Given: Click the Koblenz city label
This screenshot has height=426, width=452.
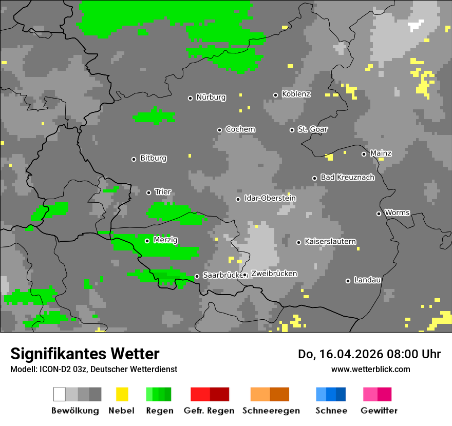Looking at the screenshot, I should pyautogui.click(x=296, y=94).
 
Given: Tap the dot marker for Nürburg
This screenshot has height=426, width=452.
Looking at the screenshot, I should pyautogui.click(x=190, y=98).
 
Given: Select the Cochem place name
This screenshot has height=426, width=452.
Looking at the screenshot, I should pyautogui.click(x=240, y=129).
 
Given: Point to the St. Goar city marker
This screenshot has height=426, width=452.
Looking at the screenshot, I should pyautogui.click(x=292, y=130).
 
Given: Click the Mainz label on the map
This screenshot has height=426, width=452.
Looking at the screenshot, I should pyautogui.click(x=381, y=153).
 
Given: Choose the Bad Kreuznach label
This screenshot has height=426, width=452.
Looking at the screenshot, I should pyautogui.click(x=347, y=178).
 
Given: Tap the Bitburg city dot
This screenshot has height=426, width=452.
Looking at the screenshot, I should pyautogui.click(x=134, y=159).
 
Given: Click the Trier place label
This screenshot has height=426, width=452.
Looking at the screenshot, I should pyautogui.click(x=163, y=192).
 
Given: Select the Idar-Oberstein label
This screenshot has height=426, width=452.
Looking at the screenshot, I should pyautogui.click(x=270, y=199).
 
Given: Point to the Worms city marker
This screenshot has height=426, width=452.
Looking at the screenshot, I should pyautogui.click(x=379, y=214).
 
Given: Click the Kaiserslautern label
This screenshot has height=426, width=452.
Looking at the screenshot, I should pyautogui.click(x=330, y=242).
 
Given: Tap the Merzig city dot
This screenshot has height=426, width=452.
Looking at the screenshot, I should pyautogui.click(x=147, y=241).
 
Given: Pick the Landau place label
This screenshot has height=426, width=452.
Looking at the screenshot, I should pyautogui.click(x=367, y=280).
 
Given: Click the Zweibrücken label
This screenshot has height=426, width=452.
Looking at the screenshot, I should pyautogui.click(x=274, y=274).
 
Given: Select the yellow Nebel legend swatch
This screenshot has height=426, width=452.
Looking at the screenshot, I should pyautogui.click(x=122, y=394).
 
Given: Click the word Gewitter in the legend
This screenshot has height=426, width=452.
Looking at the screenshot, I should pyautogui.click(x=379, y=411).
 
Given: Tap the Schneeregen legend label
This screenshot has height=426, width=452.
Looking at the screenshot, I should pyautogui.click(x=271, y=411).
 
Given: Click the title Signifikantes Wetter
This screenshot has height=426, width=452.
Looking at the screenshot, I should pyautogui.click(x=85, y=354).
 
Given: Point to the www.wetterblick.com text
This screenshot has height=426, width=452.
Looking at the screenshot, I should pyautogui.click(x=370, y=369).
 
